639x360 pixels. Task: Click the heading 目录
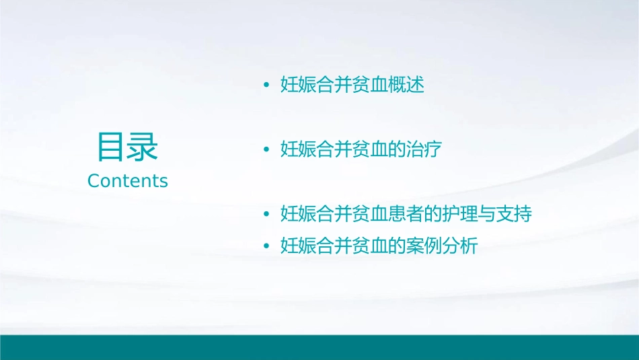click(128, 147)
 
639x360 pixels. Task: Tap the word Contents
click(128, 181)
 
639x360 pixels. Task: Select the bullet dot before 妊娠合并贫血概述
click(266, 86)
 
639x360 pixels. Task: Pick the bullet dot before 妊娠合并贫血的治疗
click(266, 150)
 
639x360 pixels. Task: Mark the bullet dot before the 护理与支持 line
click(266, 215)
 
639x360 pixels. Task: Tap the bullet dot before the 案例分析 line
click(266, 247)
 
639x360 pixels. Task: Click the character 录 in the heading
click(143, 147)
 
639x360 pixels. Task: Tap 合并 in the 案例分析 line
click(334, 246)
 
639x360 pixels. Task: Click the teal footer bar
click(319, 347)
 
